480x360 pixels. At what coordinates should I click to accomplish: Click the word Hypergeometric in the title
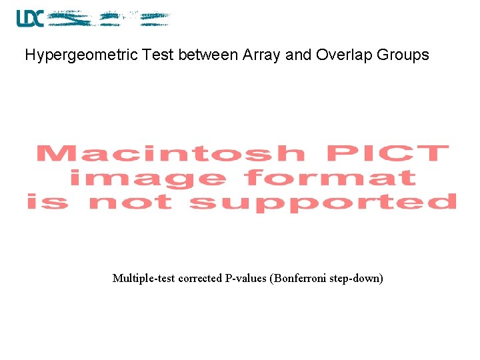(81, 55)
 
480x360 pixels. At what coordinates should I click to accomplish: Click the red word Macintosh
(171, 154)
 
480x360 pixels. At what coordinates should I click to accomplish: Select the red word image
(147, 178)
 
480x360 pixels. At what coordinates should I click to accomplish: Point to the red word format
(330, 177)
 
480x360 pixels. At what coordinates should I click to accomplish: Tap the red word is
(47, 201)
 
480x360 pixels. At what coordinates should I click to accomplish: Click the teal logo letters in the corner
(30, 19)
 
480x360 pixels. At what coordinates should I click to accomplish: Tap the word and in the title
(299, 55)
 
